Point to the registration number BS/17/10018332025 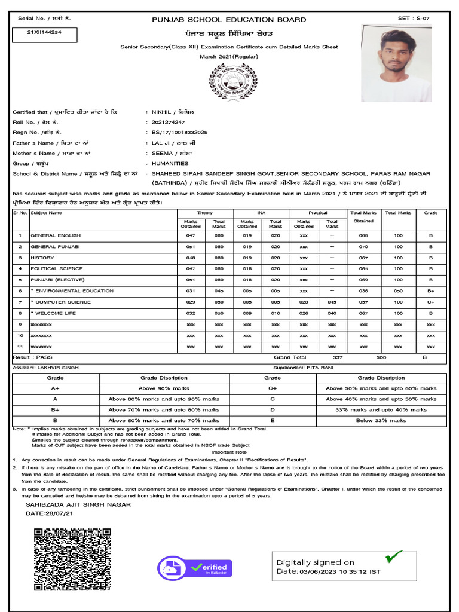click(x=179, y=132)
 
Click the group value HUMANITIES click(x=170, y=163)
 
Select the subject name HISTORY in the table click(x=42, y=258)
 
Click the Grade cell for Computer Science click(x=430, y=302)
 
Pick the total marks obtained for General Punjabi click(x=363, y=246)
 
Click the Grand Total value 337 click(x=338, y=357)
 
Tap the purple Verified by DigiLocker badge click(x=195, y=568)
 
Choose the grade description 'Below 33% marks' click(x=381, y=420)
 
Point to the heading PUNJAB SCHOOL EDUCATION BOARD click(x=229, y=20)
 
